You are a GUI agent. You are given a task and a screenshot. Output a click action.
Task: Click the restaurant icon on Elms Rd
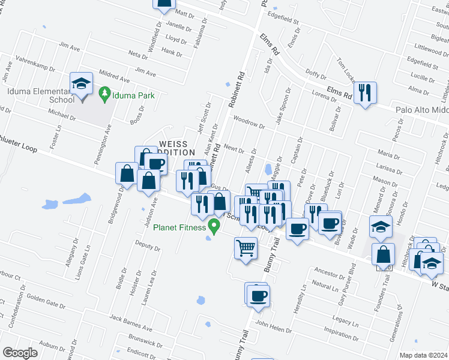coord(364,93)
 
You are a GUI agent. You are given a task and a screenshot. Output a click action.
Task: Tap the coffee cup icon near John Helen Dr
coord(258,296)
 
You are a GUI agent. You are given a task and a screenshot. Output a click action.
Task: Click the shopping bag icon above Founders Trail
coord(383,254)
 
